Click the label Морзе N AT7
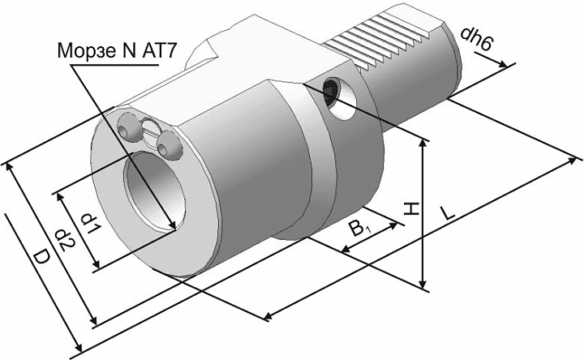pos(115,51)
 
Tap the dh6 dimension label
pos(476,39)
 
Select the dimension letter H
pos(411,209)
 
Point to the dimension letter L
pos(447,212)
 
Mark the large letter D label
pos(41,258)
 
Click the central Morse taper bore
pos(155,192)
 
